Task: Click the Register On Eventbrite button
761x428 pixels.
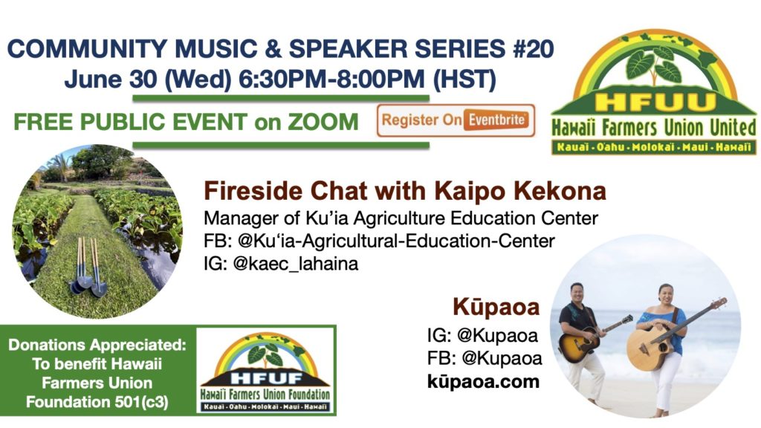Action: click(x=456, y=120)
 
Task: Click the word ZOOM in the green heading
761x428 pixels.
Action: click(x=323, y=122)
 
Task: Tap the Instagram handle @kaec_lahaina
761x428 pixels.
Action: click(x=296, y=264)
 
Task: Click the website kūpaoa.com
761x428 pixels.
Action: click(x=483, y=381)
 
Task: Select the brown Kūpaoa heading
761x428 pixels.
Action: click(x=496, y=307)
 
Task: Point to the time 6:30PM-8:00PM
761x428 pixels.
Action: click(x=331, y=80)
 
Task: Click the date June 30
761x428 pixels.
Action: click(x=111, y=80)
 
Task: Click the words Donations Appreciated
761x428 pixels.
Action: click(x=97, y=345)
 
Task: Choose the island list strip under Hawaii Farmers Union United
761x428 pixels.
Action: click(x=654, y=147)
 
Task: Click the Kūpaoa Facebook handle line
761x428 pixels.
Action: click(x=485, y=358)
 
